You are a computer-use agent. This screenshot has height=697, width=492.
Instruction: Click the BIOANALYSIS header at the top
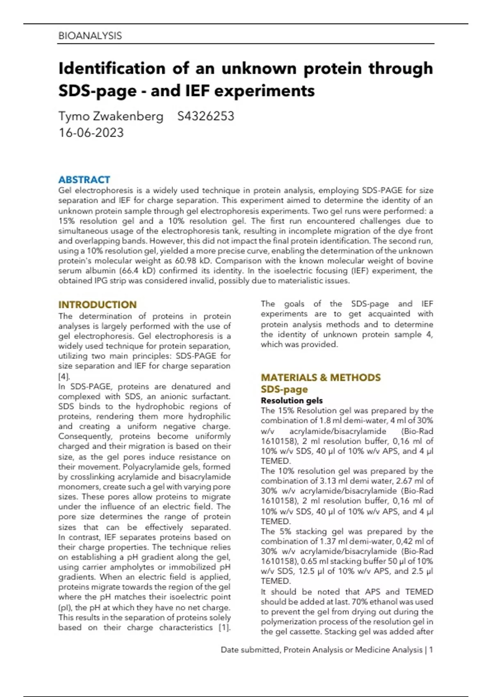90,36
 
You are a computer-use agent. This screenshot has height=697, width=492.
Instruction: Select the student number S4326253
205,116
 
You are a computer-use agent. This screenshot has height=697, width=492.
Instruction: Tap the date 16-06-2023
91,133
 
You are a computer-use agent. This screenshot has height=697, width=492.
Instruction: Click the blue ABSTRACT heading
84,180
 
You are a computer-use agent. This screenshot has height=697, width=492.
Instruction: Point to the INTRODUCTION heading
97,305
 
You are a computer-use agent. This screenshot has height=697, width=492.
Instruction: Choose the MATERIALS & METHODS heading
321,377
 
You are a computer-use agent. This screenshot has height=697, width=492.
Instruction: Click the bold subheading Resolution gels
292,400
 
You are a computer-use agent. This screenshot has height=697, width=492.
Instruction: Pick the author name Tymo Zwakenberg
111,116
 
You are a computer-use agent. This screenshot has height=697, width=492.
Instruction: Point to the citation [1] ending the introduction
224,627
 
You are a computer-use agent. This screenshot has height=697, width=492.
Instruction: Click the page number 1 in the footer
431,649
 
